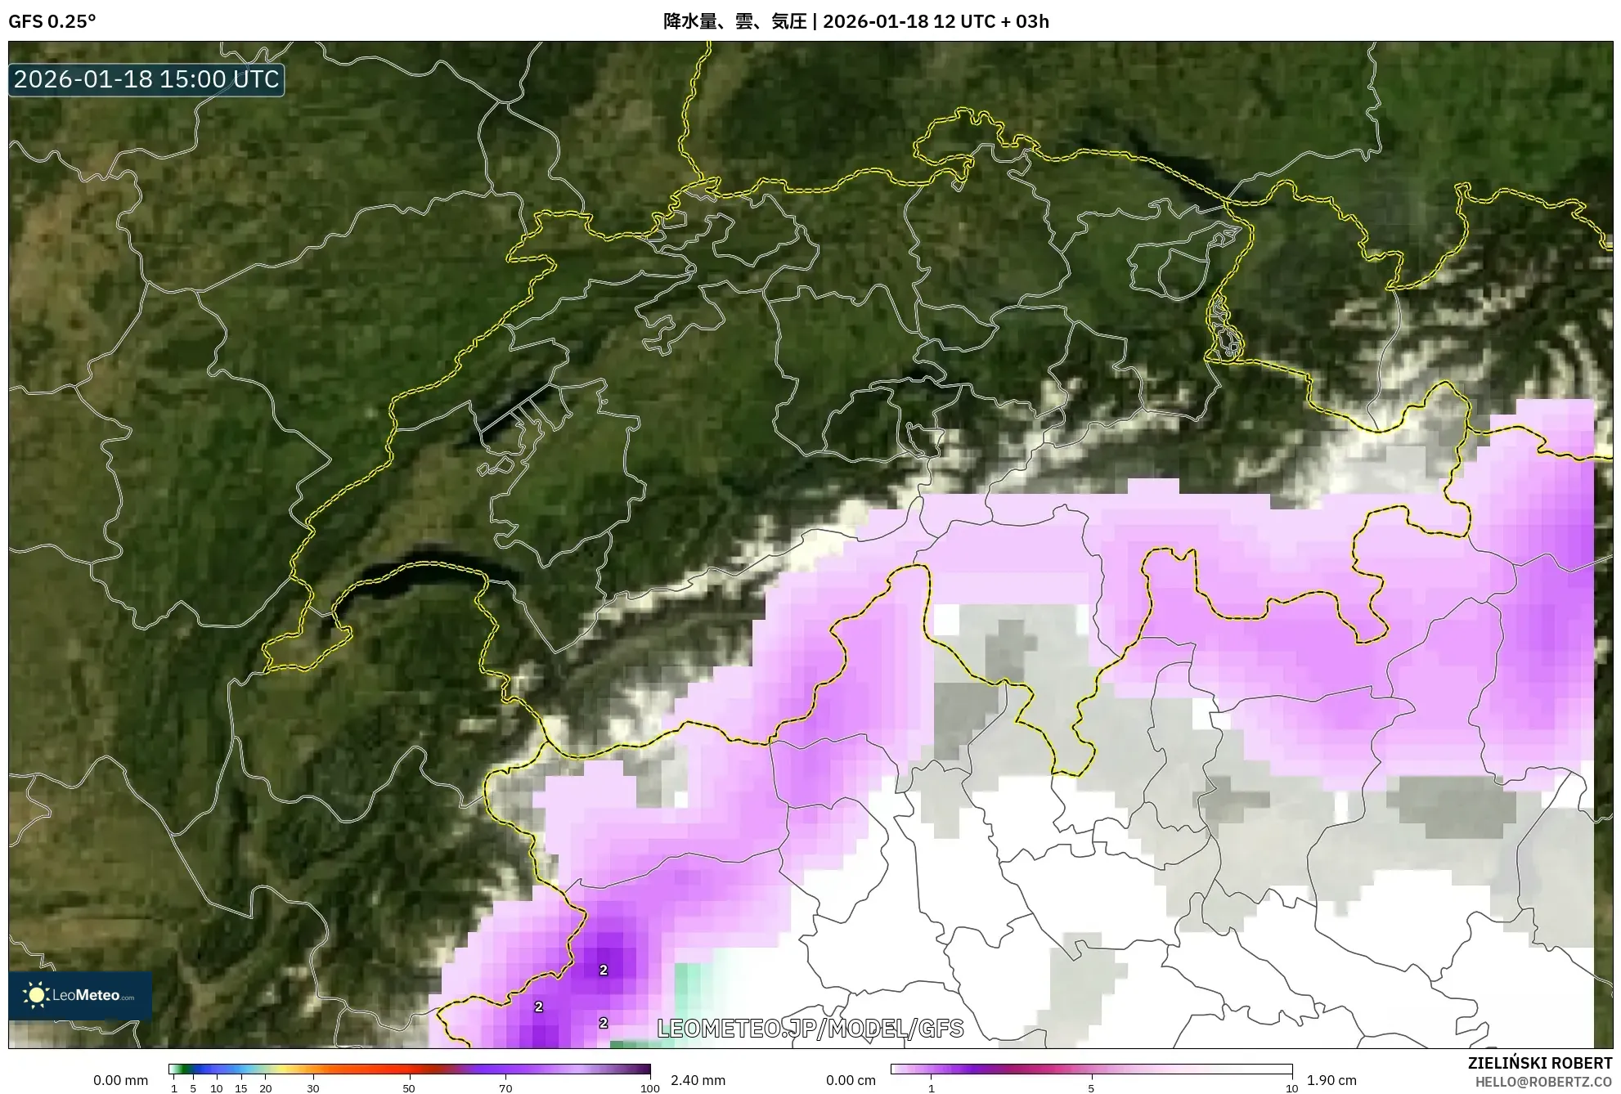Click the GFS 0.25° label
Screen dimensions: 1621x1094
[52, 21]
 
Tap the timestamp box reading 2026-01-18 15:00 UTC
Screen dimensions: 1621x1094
[146, 79]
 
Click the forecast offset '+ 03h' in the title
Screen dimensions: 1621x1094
[1026, 21]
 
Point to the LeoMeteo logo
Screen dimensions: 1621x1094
[80, 995]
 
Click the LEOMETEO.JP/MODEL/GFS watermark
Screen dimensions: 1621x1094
[810, 1029]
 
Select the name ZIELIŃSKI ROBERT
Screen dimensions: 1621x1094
[1539, 1063]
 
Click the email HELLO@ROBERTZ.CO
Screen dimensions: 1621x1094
[1543, 1082]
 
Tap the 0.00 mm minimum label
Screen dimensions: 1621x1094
[120, 1080]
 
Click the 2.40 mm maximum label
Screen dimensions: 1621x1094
[698, 1080]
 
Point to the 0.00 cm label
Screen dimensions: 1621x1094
[851, 1080]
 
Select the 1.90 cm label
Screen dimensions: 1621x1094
[1331, 1080]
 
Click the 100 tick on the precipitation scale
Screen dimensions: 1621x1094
[649, 1088]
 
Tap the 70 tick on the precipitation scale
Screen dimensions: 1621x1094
[505, 1088]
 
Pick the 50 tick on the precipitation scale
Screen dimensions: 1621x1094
[409, 1088]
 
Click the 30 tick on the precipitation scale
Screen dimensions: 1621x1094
[313, 1088]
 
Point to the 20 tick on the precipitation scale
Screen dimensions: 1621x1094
[265, 1088]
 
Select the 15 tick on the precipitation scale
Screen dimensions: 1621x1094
[240, 1088]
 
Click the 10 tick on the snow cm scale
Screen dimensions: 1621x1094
[1291, 1088]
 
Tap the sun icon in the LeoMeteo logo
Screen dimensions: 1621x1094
[36, 995]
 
